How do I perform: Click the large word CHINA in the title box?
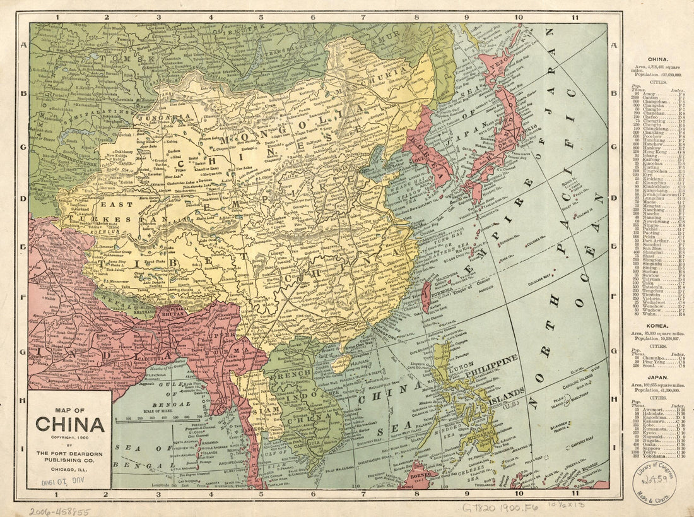pyautogui.click(x=69, y=424)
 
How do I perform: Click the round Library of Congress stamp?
pyautogui.click(x=655, y=483)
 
